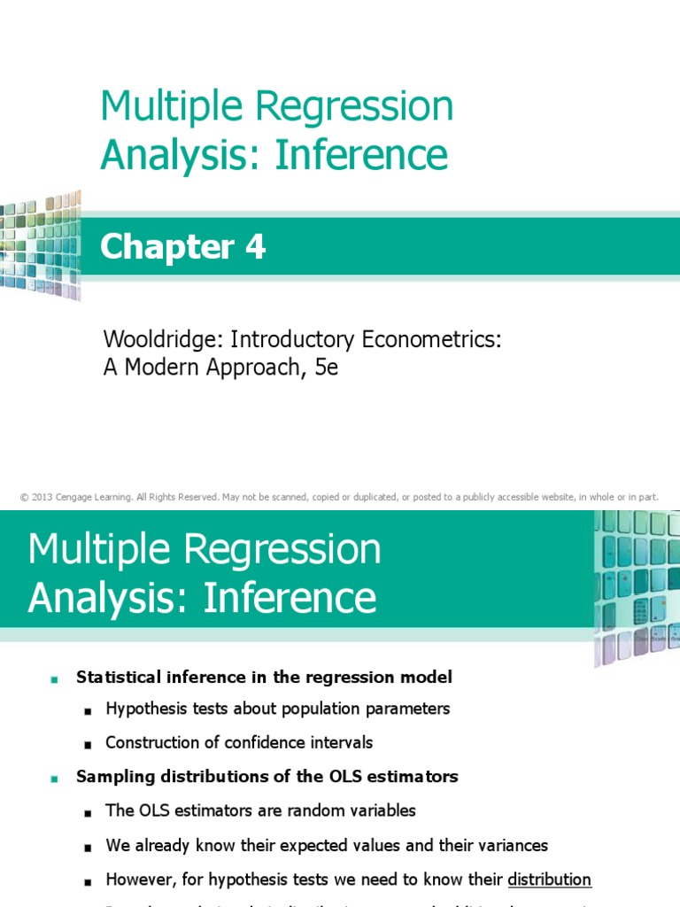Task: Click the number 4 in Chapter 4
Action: (255, 248)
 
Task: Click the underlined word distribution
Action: (549, 880)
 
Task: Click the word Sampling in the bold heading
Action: (111, 777)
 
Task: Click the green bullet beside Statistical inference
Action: (54, 678)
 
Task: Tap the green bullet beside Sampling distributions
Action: (54, 778)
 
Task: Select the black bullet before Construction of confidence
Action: (88, 744)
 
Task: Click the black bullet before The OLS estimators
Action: (88, 812)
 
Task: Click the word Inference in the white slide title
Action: (290, 598)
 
